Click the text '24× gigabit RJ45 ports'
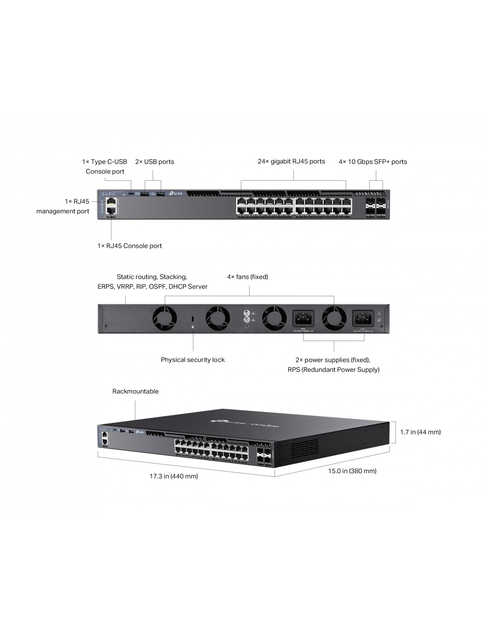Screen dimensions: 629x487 [291, 161]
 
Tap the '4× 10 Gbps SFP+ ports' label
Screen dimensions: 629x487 [373, 162]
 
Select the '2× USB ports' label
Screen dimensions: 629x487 [155, 162]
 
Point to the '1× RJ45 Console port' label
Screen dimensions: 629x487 [130, 246]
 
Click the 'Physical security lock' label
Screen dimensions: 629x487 [193, 360]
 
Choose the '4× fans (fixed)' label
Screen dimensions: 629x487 [247, 277]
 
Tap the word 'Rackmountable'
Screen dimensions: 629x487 [135, 391]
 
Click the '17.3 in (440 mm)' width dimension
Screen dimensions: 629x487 [174, 476]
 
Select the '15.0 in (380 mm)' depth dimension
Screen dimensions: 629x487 [352, 471]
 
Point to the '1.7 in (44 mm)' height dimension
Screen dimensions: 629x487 [420, 432]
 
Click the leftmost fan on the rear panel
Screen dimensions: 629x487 [165, 318]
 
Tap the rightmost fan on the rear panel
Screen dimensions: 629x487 [334, 318]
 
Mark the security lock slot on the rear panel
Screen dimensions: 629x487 [193, 318]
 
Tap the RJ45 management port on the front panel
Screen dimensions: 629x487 [111, 202]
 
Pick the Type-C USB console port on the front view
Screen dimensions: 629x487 [131, 194]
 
